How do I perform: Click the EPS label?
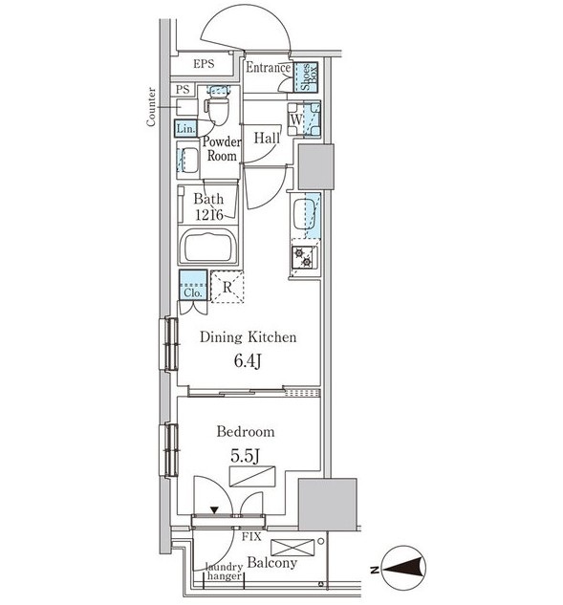pyautogui.click(x=204, y=64)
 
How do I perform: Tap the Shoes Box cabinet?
pyautogui.click(x=306, y=77)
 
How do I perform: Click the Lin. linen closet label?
pyautogui.click(x=186, y=128)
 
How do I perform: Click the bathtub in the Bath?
pyautogui.click(x=207, y=247)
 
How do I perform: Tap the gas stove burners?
pyautogui.click(x=304, y=257)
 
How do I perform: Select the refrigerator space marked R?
pyautogui.click(x=227, y=287)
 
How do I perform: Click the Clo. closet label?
pyautogui.click(x=192, y=292)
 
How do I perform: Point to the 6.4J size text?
pyautogui.click(x=248, y=361)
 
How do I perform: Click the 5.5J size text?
pyautogui.click(x=245, y=456)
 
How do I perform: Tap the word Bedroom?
pyautogui.click(x=246, y=431)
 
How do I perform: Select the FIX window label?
pyautogui.click(x=251, y=536)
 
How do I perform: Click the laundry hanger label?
pyautogui.click(x=225, y=572)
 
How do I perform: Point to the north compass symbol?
pyautogui.click(x=403, y=568)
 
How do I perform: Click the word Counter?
pyautogui.click(x=151, y=107)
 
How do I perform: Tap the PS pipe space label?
pyautogui.click(x=183, y=90)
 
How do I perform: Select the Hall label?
pyautogui.click(x=267, y=139)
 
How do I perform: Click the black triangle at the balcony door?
pyautogui.click(x=214, y=510)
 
